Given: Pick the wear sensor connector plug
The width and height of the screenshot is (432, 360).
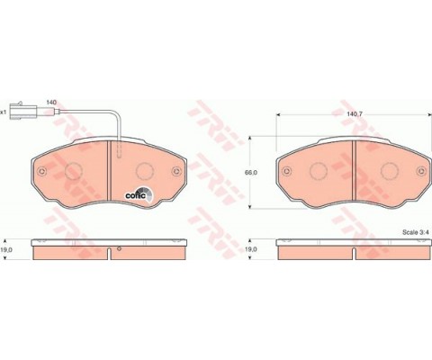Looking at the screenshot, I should [20, 113].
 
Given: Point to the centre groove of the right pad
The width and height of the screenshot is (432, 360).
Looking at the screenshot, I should [354, 171].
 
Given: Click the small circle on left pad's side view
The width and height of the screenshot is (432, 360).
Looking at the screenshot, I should [117, 244].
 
